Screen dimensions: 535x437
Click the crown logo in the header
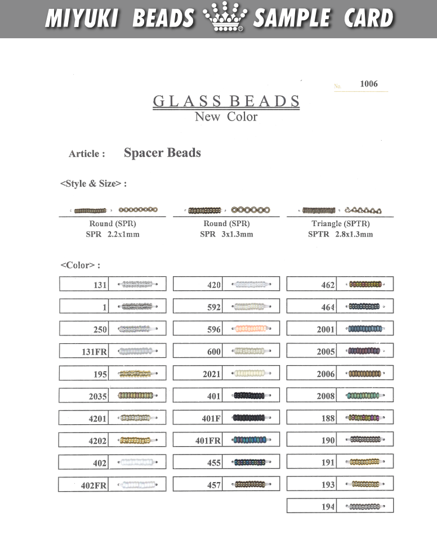tap(224, 19)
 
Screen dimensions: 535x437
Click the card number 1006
tap(369, 84)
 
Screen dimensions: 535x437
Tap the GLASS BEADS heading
tap(226, 101)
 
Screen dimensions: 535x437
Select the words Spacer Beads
tap(162, 153)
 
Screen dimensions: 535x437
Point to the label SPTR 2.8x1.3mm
tap(340, 234)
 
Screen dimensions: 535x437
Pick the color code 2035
tap(97, 396)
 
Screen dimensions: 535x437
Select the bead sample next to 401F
tap(249, 418)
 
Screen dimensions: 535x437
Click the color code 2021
tap(211, 374)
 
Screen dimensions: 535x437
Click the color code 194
tap(328, 507)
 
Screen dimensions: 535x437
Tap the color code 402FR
tap(94, 485)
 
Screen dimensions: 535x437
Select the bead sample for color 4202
tap(135, 440)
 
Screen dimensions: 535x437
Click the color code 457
tap(214, 485)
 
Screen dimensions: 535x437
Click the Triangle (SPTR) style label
tap(340, 224)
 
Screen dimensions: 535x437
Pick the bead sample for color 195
tap(135, 374)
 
